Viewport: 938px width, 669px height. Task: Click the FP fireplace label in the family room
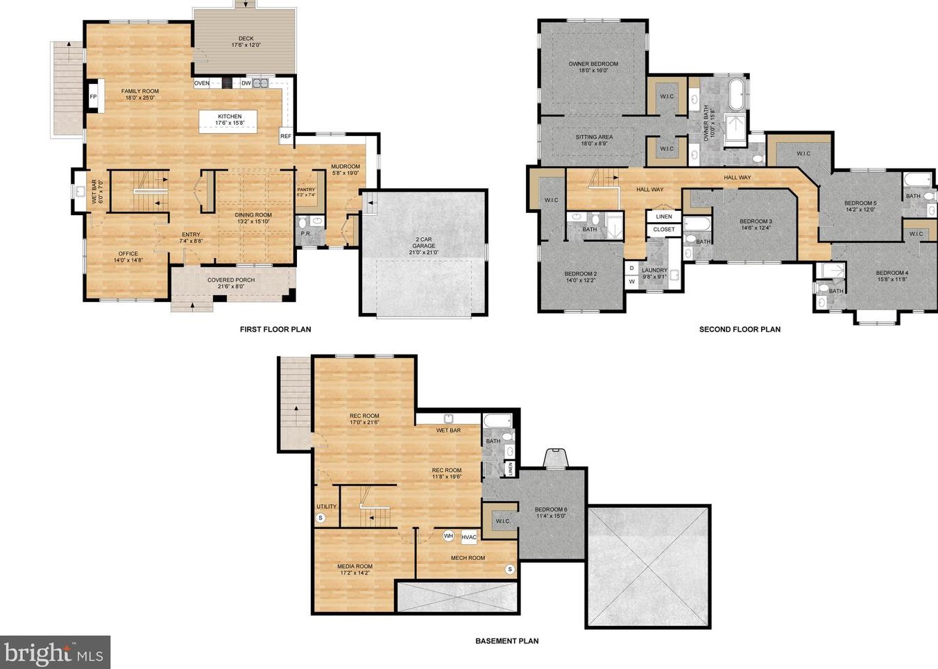(93, 96)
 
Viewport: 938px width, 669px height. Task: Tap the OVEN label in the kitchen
(202, 83)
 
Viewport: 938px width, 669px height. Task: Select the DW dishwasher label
(246, 83)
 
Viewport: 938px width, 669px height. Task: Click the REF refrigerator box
(286, 136)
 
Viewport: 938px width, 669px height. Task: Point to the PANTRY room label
(306, 189)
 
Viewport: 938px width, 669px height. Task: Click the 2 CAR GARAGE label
(423, 242)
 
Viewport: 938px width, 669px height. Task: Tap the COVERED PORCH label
(231, 280)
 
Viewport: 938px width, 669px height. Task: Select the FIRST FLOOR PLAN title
(275, 330)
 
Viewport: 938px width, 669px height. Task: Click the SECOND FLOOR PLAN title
(740, 330)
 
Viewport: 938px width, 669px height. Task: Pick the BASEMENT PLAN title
(506, 641)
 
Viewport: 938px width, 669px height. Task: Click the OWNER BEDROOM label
(593, 64)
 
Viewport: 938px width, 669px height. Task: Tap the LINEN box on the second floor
(664, 217)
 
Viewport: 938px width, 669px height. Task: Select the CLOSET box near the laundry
(664, 229)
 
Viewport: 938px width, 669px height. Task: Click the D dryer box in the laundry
(631, 268)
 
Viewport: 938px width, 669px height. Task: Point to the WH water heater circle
(449, 536)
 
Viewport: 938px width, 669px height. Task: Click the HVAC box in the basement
(469, 537)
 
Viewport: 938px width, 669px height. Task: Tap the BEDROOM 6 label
(551, 512)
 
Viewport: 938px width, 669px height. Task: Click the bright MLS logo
(55, 653)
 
